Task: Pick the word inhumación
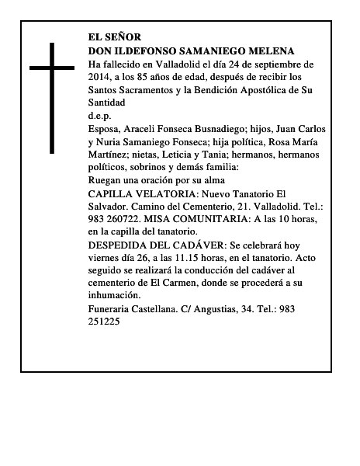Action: coord(115,295)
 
